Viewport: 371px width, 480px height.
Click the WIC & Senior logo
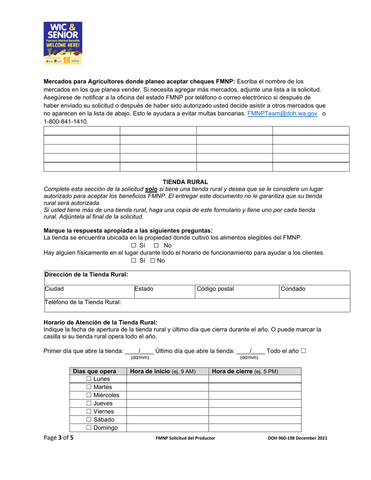62,43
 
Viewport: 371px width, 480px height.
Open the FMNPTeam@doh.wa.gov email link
282,114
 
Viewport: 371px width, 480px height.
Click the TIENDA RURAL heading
185,182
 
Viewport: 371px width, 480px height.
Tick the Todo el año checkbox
303,351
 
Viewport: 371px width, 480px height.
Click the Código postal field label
215,289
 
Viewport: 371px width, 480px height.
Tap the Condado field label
293,289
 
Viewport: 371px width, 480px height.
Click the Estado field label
144,289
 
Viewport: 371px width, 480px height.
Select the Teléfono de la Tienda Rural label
83,302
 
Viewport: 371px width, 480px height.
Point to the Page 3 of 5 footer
58,438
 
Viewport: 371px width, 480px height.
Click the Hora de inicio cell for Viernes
167,411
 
